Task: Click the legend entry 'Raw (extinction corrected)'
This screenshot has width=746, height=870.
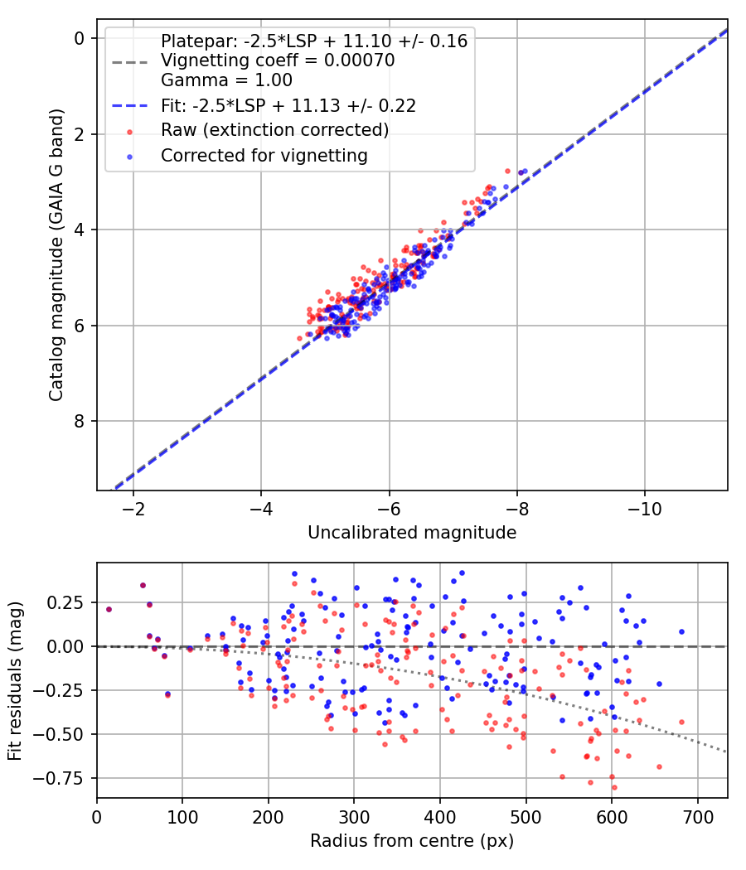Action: (x=274, y=130)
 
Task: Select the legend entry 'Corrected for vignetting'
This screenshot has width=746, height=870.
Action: (x=264, y=155)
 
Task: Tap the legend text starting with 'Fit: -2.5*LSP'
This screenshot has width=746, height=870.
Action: (x=288, y=105)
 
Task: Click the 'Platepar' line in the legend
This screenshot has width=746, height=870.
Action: (x=314, y=41)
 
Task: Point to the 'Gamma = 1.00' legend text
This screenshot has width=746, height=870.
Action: (x=226, y=80)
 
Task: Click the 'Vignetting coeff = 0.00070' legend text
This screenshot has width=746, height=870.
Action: (x=278, y=60)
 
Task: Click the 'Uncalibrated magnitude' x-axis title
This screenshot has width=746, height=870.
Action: (x=412, y=532)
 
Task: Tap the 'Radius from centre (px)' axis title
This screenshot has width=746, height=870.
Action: (x=412, y=841)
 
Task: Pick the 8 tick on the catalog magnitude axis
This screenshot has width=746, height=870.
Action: (x=80, y=421)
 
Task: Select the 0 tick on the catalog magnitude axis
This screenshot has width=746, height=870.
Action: (x=80, y=38)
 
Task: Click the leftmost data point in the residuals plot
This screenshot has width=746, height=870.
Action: (x=109, y=609)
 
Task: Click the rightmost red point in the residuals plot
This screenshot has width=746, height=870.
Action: (x=681, y=722)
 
